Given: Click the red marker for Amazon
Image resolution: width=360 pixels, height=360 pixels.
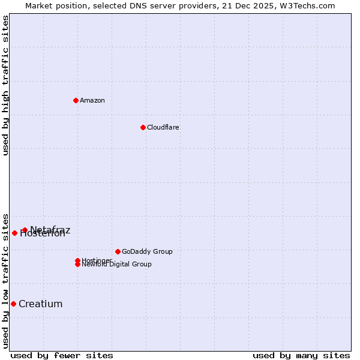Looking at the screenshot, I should tap(76, 100).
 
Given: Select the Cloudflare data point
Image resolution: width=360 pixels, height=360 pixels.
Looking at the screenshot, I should tap(143, 127).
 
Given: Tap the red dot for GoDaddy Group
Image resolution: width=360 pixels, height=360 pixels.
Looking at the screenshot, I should tap(118, 251).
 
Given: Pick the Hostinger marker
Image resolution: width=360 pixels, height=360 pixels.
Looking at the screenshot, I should tap(77, 260).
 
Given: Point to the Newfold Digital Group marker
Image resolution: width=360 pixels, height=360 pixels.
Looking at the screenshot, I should tap(77, 265).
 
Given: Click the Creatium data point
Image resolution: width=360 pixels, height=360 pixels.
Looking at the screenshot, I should tap(13, 304).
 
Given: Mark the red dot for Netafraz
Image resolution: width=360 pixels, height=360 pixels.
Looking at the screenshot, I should tap(25, 230).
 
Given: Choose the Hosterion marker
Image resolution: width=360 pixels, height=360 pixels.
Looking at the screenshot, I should tap(14, 233).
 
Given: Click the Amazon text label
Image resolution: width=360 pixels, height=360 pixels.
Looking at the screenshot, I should tap(92, 100).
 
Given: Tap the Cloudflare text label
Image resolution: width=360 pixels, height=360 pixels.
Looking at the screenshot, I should tap(163, 127).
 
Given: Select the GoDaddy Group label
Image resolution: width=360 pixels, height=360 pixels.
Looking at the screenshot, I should tap(147, 251).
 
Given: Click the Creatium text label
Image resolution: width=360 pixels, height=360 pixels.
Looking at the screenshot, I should tap(40, 304).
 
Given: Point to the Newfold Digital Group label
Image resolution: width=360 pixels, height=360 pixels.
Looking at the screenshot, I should tap(117, 265).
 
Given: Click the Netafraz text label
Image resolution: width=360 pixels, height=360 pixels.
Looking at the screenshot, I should tap(50, 229).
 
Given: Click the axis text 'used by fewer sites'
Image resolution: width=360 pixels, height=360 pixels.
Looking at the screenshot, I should tap(62, 355).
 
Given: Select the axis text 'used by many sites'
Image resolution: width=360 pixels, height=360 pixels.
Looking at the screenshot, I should tap(301, 355).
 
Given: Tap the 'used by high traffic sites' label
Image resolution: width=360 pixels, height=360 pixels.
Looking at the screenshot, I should tap(6, 85).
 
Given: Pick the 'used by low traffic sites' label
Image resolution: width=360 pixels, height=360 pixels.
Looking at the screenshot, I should tap(6, 280).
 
